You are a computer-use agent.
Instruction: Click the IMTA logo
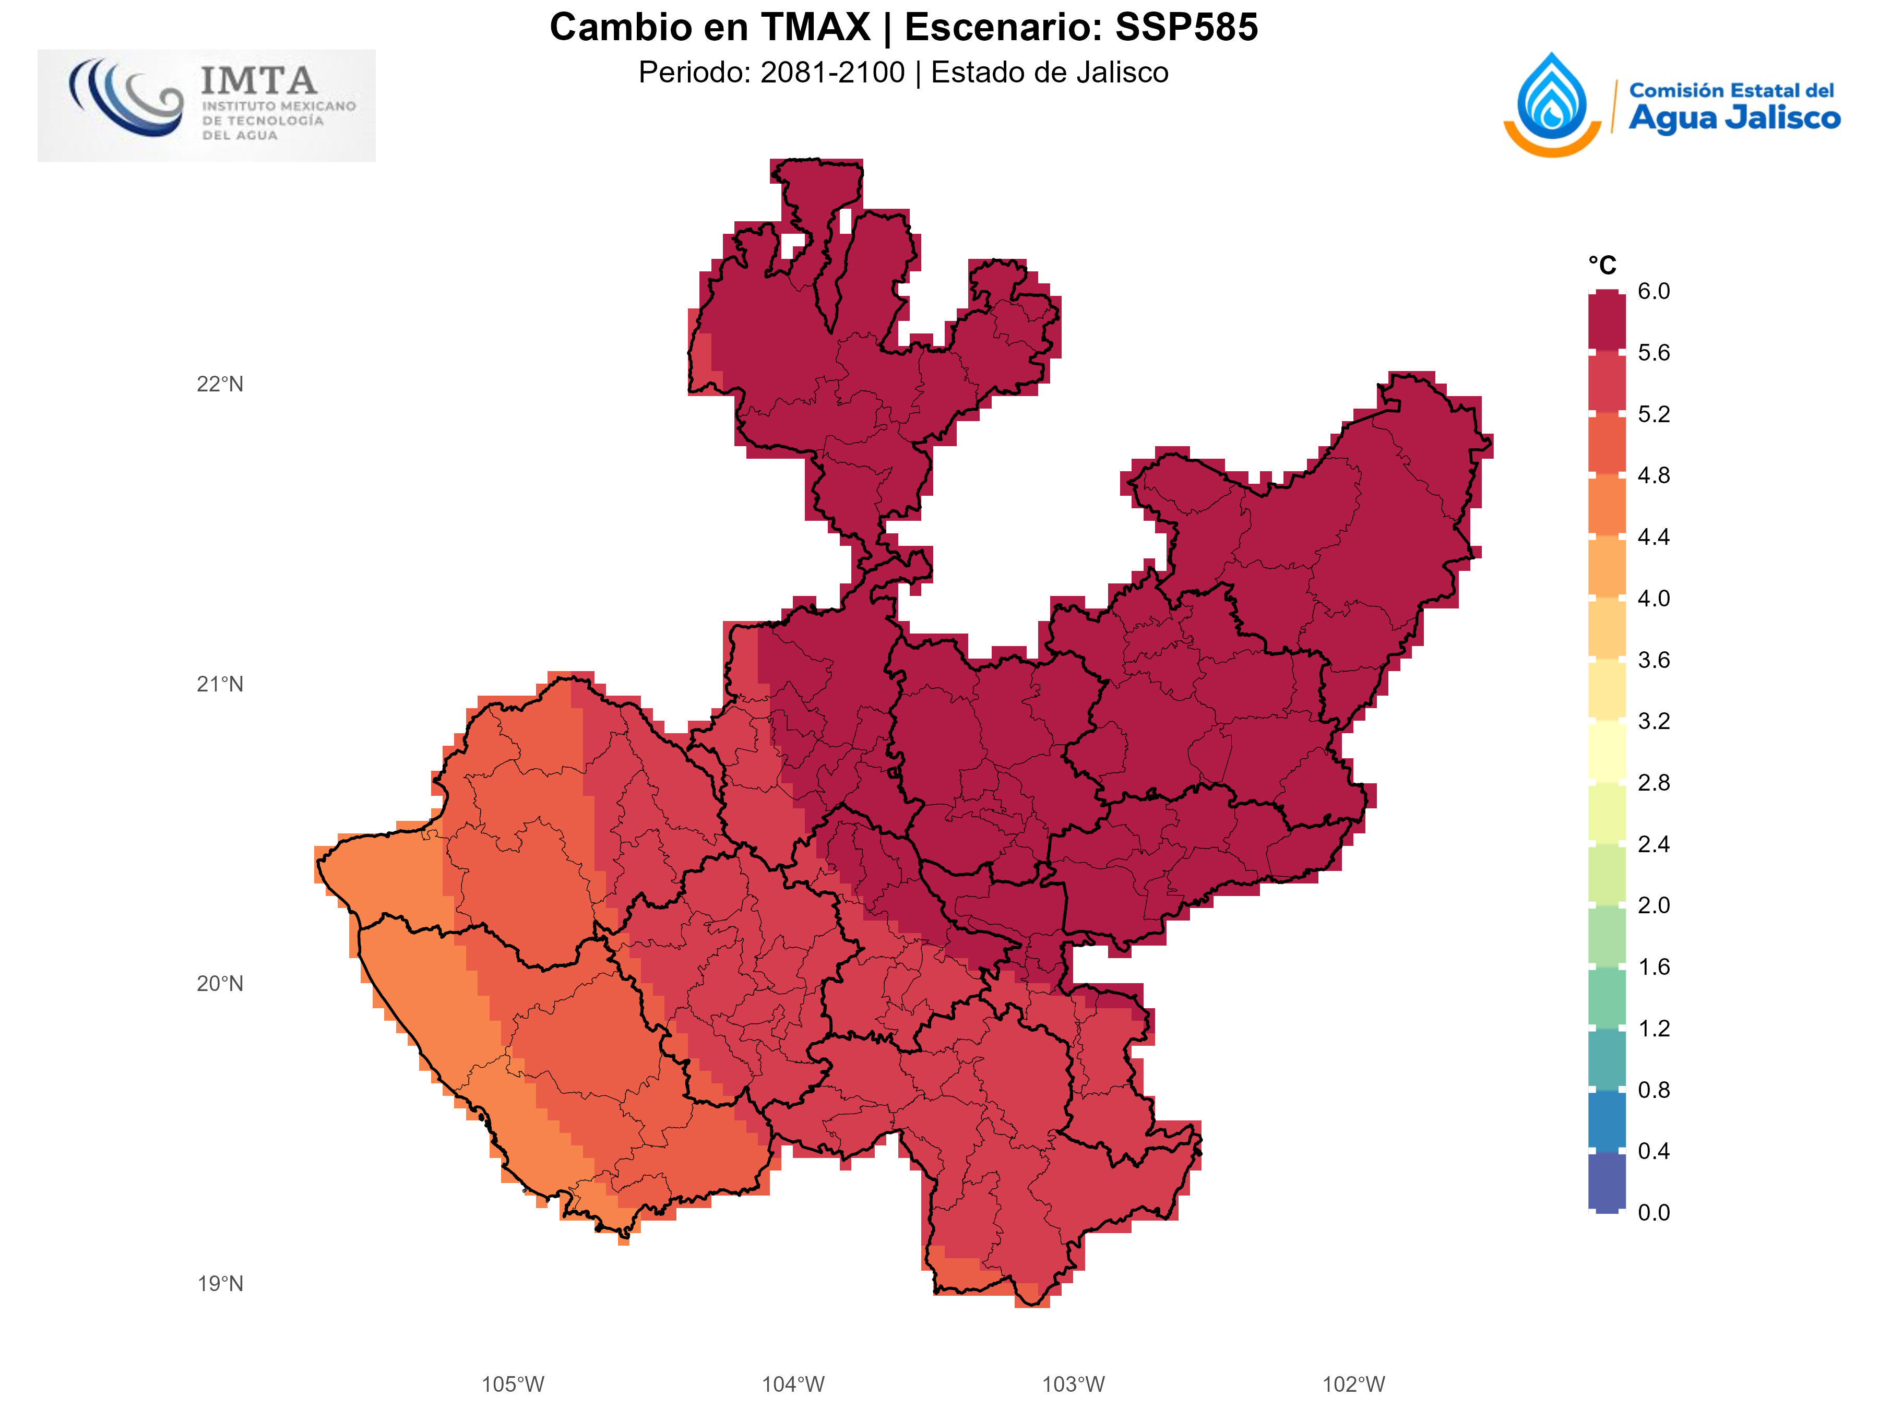[206, 105]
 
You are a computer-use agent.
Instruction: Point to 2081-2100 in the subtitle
[833, 73]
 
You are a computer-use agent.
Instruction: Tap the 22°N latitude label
[220, 385]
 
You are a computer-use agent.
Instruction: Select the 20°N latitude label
[220, 984]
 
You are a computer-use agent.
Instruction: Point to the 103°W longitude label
[1073, 1385]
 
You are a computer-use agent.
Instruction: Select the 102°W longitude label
[1353, 1385]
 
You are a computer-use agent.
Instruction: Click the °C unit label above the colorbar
[1602, 266]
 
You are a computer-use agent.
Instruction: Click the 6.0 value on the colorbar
[1653, 291]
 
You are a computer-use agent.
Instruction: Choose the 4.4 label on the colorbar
[1653, 538]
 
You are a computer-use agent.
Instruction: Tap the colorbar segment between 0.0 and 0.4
[1607, 1181]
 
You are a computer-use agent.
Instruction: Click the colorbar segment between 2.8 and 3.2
[1607, 751]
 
